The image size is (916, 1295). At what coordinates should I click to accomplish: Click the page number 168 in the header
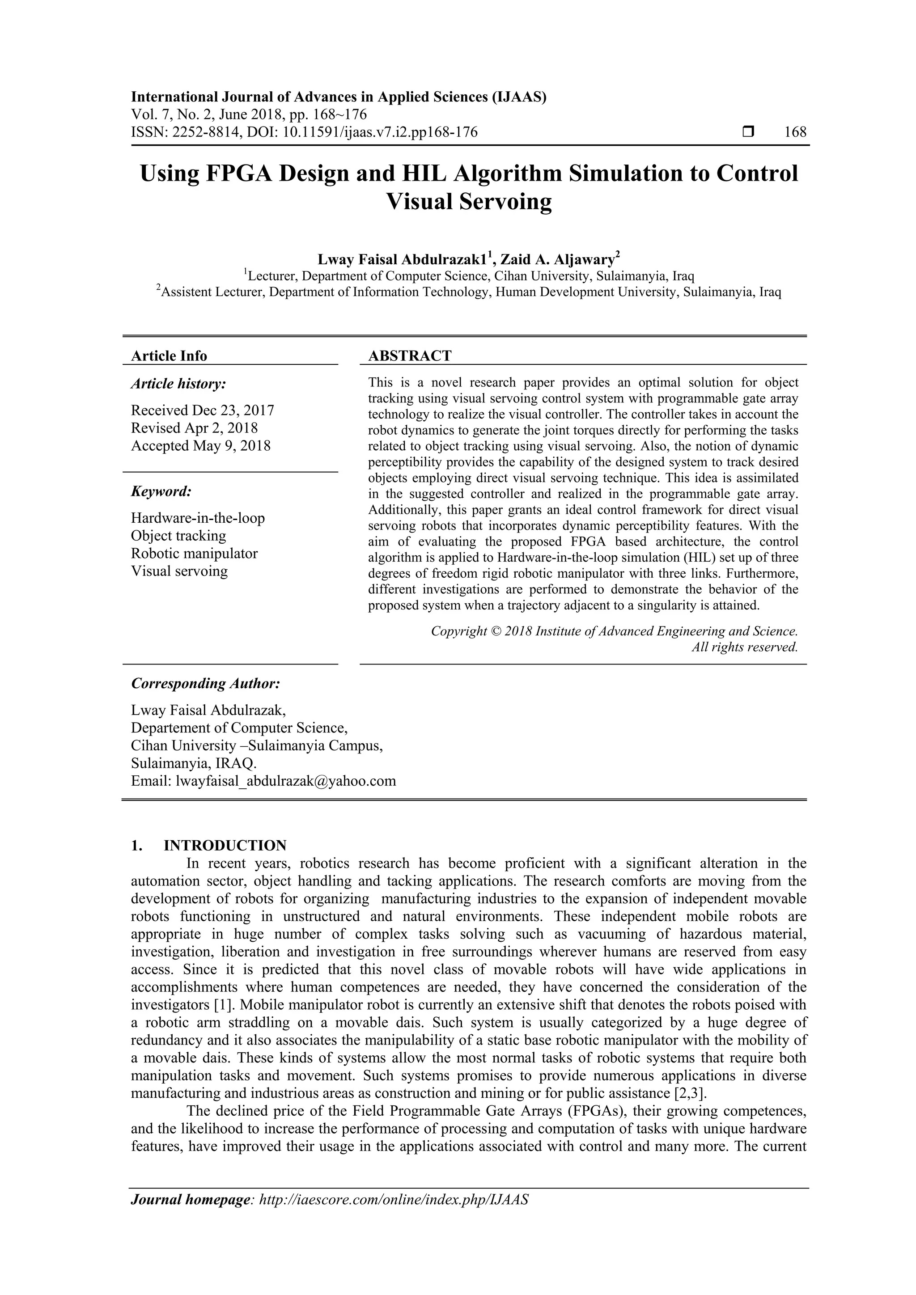point(795,132)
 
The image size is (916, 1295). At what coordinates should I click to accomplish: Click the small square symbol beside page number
point(748,132)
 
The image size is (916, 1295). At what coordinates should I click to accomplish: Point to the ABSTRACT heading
point(410,356)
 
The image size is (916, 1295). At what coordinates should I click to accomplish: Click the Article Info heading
point(169,356)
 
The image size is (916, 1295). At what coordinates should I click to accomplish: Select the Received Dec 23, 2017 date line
point(203,410)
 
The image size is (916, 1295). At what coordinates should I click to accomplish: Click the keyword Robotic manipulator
point(194,553)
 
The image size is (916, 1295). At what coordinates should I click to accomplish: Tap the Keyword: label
point(161,491)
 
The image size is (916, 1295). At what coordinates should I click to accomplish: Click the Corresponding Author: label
point(205,684)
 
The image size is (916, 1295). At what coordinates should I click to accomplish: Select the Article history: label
point(178,384)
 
